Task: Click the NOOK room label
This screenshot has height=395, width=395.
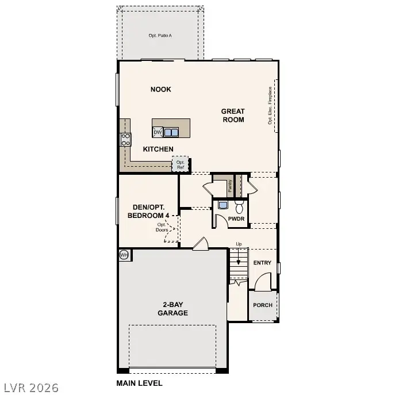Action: pos(161,89)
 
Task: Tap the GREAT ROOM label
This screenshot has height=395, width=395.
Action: pos(233,116)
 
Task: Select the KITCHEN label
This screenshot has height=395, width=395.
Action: pos(158,149)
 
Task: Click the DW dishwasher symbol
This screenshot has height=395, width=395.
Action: pos(158,132)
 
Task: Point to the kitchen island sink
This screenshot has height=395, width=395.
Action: pos(171,132)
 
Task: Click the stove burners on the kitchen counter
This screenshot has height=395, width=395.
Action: pos(125,139)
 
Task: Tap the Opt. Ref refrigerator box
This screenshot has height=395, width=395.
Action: pos(181,164)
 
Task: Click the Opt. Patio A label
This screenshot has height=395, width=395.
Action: pos(160,36)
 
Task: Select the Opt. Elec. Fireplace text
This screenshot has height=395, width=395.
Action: pos(269,106)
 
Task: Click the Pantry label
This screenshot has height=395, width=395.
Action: pos(229,186)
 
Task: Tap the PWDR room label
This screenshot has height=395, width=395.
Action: pos(236,219)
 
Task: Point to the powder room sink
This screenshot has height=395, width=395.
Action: pos(223,205)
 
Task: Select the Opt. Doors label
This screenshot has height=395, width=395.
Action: pos(162,227)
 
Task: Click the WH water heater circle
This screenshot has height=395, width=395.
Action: pos(124,255)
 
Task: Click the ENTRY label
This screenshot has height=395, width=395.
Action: pos(262,263)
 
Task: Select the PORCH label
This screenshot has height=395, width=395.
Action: pos(263,305)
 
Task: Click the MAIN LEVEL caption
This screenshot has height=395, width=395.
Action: pos(139,383)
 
